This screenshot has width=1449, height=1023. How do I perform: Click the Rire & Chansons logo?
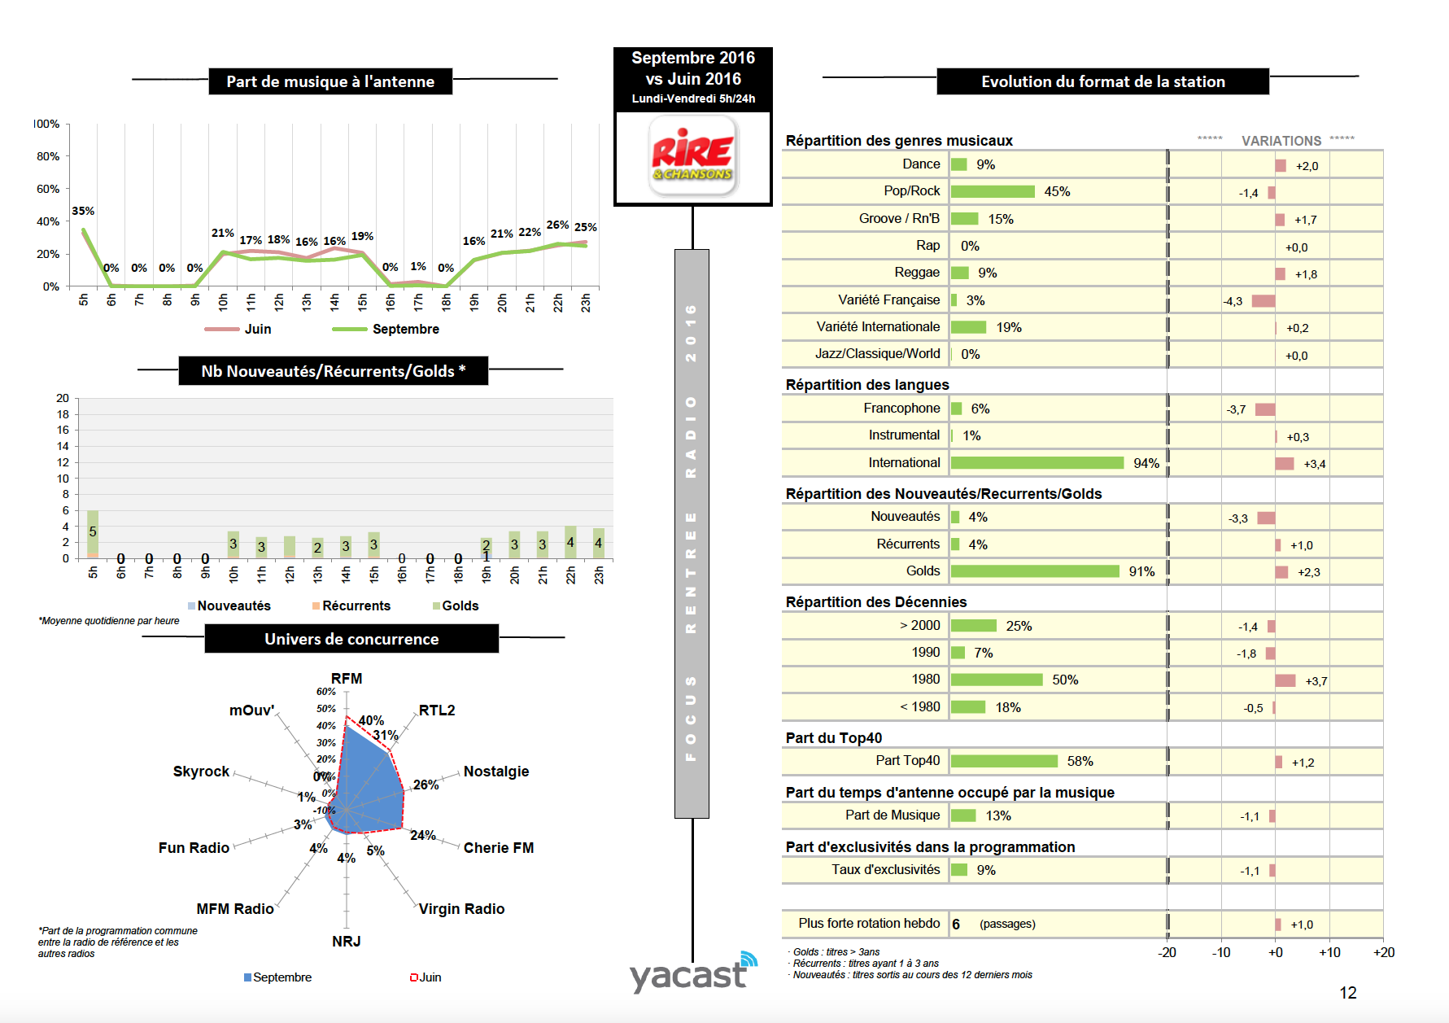click(693, 155)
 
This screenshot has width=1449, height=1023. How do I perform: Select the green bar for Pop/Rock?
click(993, 191)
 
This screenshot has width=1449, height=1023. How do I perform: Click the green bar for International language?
click(1037, 463)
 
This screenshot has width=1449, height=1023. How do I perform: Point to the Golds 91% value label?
click(1141, 571)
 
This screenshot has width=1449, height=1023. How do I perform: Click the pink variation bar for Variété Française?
click(1263, 301)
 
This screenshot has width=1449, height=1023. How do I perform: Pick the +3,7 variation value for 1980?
click(1316, 681)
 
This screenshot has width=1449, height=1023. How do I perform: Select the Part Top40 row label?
click(907, 760)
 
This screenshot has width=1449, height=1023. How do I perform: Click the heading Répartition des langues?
click(866, 385)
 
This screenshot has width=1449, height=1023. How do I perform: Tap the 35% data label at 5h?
click(83, 211)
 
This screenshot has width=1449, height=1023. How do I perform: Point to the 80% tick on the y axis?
click(48, 156)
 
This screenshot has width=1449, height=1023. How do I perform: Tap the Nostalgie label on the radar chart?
click(495, 771)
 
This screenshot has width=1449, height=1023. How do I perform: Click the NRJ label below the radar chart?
click(346, 941)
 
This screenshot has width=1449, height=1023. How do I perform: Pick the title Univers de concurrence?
click(351, 639)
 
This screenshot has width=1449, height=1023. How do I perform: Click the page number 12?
click(1348, 993)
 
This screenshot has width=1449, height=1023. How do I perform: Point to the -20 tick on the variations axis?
click(1167, 952)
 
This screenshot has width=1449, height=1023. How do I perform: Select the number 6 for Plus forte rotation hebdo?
click(956, 924)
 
